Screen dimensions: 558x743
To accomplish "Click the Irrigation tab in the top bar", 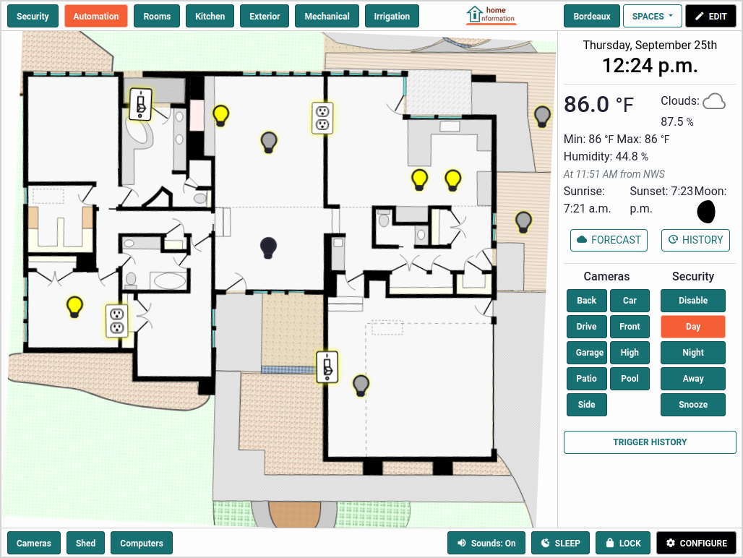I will point(392,17).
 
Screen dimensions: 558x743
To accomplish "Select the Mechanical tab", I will point(327,17).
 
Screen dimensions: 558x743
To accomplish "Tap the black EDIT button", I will point(710,17).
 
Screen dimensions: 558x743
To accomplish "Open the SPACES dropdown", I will point(652,17).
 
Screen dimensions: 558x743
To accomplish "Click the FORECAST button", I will point(609,240).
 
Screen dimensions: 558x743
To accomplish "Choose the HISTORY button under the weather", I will point(695,240).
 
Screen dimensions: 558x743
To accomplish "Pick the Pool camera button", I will point(630,379).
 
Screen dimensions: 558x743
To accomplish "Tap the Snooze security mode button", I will point(692,405).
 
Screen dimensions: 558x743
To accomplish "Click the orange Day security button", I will point(692,327).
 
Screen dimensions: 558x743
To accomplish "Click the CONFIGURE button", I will point(696,544).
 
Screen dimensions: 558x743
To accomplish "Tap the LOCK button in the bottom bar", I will point(622,544).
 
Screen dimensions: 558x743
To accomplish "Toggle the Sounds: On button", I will point(486,544).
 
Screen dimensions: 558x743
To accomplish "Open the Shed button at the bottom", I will point(85,544).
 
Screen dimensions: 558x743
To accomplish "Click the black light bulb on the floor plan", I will point(268,247).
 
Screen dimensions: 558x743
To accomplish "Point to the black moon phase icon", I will point(705,211).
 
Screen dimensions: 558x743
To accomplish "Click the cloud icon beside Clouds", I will point(714,101).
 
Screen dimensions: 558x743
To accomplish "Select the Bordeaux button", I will point(591,17).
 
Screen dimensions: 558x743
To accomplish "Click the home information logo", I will point(491,14).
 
